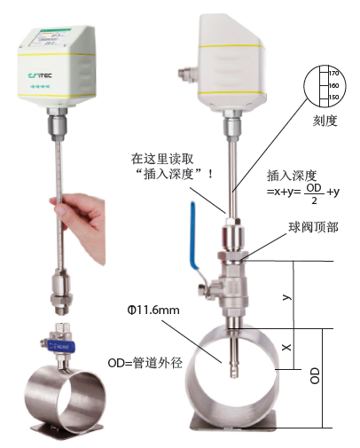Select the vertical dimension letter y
287,298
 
